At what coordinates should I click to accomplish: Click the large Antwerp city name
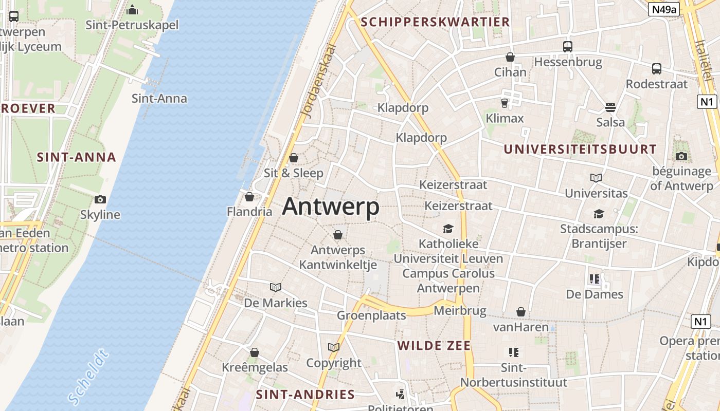(x=331, y=207)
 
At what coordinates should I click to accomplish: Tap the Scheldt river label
(x=88, y=377)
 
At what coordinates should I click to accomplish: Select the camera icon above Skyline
(x=100, y=199)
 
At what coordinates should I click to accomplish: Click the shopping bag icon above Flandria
(x=249, y=197)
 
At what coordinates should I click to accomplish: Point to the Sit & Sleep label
(x=294, y=173)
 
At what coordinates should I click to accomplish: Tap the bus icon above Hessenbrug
(x=568, y=47)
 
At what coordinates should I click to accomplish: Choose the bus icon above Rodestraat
(x=657, y=69)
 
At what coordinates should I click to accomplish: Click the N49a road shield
(x=664, y=9)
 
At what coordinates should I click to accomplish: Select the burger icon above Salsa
(x=610, y=107)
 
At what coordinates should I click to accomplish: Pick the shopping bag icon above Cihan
(x=510, y=57)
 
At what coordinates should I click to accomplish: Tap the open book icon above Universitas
(x=596, y=178)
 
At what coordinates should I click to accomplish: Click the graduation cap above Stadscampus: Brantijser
(x=599, y=214)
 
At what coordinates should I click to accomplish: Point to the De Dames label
(x=595, y=294)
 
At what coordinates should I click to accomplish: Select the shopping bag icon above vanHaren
(x=521, y=312)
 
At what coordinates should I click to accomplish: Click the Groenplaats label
(x=371, y=315)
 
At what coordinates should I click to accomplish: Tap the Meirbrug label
(x=460, y=311)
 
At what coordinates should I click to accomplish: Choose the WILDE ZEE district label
(x=434, y=346)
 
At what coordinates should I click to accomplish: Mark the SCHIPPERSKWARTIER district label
(x=435, y=22)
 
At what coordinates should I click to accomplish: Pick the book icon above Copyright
(x=334, y=348)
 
